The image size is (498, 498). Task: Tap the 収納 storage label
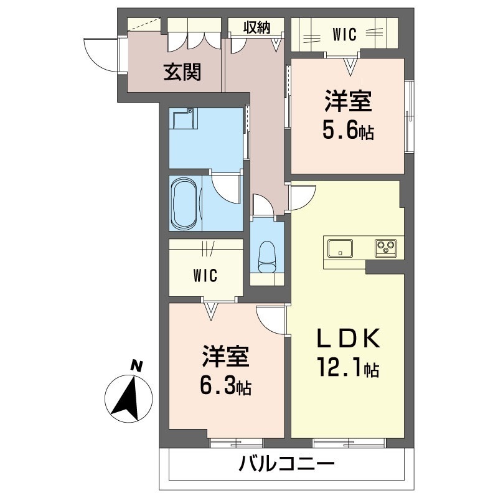coord(256,27)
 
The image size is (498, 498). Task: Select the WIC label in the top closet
coord(344,35)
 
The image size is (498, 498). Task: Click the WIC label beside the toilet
coord(204,275)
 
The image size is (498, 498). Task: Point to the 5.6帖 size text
coord(347,131)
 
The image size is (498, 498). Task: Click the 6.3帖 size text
coord(225,387)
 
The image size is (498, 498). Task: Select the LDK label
coord(347,339)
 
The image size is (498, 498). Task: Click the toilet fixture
coord(266,256)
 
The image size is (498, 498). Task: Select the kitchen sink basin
coord(339,247)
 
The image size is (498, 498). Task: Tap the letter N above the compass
coord(136,366)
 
